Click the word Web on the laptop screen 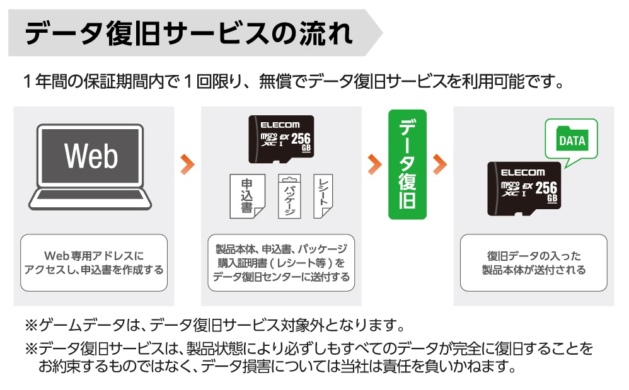(91, 156)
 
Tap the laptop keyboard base (90, 199)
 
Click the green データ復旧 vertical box (407, 164)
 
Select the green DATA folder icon (572, 139)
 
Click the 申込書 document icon (248, 196)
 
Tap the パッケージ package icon (289, 196)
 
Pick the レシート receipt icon (323, 196)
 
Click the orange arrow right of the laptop (187, 164)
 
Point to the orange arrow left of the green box (374, 164)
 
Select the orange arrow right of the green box (440, 164)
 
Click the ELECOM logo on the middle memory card (280, 125)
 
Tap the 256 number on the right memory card (546, 188)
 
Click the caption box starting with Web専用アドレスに (94, 263)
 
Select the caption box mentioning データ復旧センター (281, 263)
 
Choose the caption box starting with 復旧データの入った (534, 263)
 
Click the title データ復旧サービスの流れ (188, 33)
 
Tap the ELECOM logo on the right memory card (522, 173)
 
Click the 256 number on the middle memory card (301, 139)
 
